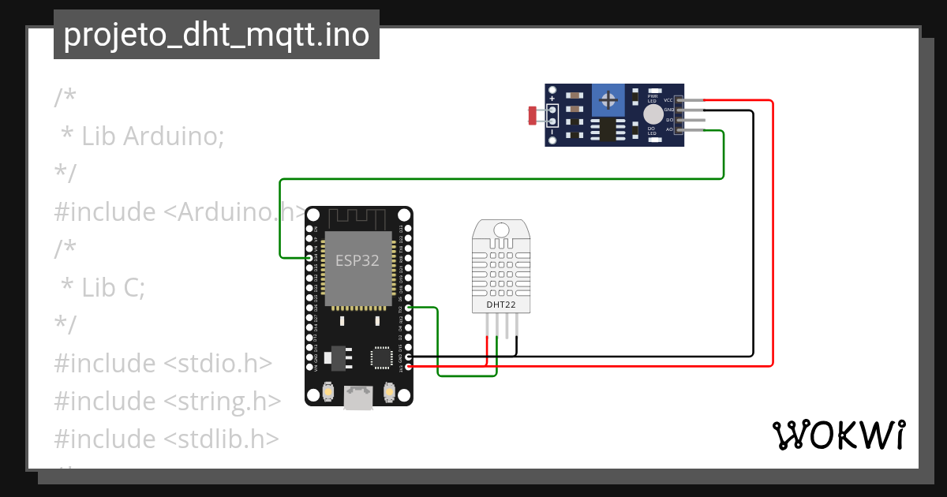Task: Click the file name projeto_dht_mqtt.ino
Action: point(216,35)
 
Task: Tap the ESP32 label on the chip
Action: point(357,261)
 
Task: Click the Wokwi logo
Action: point(837,435)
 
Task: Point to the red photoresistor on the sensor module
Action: point(533,116)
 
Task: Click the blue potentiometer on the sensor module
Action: point(608,99)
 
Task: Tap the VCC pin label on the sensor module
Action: point(668,100)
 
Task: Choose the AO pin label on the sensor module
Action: point(669,129)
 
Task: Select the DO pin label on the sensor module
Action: point(669,120)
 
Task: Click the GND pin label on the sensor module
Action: point(668,110)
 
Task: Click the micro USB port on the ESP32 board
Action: point(358,398)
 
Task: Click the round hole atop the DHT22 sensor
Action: point(501,230)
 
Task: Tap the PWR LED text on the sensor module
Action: point(652,99)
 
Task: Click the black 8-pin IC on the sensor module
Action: point(608,129)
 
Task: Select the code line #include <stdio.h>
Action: point(163,364)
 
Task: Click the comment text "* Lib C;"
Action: point(103,288)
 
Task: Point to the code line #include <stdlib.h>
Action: point(167,439)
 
